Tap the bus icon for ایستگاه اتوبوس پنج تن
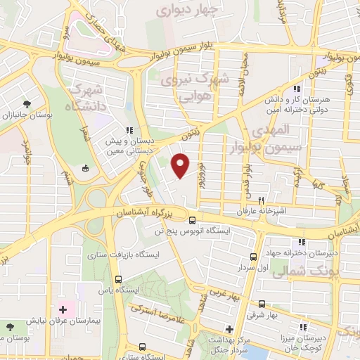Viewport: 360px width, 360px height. pyautogui.click(x=193, y=220)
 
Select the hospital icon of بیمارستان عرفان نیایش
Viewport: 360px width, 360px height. pyautogui.click(x=63, y=309)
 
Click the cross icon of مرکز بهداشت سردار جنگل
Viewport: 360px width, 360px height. pyautogui.click(x=229, y=329)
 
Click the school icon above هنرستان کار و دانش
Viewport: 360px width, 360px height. pyautogui.click(x=297, y=89)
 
